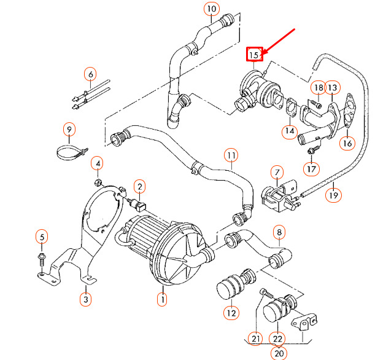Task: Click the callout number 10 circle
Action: [211, 9]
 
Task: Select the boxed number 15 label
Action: [254, 55]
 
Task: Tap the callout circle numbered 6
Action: [91, 75]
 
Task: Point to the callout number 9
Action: [69, 130]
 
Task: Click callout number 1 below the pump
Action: [162, 300]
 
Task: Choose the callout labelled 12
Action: [230, 313]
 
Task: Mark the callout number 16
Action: [347, 143]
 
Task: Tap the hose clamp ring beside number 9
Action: [71, 151]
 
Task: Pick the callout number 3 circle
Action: [85, 300]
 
